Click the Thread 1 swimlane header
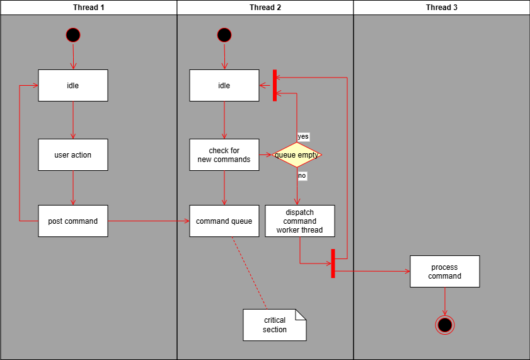pyautogui.click(x=88, y=8)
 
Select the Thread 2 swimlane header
pyautogui.click(x=265, y=8)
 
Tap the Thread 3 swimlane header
pyautogui.click(x=441, y=8)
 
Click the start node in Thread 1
pyautogui.click(x=73, y=35)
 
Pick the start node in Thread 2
pyautogui.click(x=224, y=35)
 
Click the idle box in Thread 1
pyautogui.click(x=73, y=86)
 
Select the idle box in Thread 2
pyautogui.click(x=224, y=86)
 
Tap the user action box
pyautogui.click(x=73, y=155)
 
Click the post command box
pyautogui.click(x=73, y=221)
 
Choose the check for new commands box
pyautogui.click(x=224, y=155)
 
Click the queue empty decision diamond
pyautogui.click(x=297, y=155)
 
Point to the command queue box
pyautogui.click(x=224, y=221)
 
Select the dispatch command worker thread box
pyautogui.click(x=300, y=221)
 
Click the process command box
pyautogui.click(x=445, y=272)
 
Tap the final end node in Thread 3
pyautogui.click(x=445, y=325)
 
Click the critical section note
pyautogui.click(x=275, y=325)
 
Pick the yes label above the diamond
pyautogui.click(x=303, y=137)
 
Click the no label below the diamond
pyautogui.click(x=302, y=176)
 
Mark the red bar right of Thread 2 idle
pyautogui.click(x=275, y=85)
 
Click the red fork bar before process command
pyautogui.click(x=332, y=263)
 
